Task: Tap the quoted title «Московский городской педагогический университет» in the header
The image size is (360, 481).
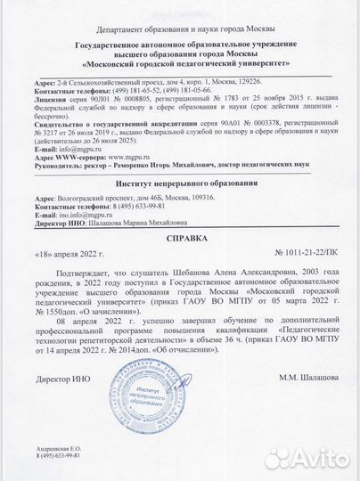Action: (178, 65)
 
